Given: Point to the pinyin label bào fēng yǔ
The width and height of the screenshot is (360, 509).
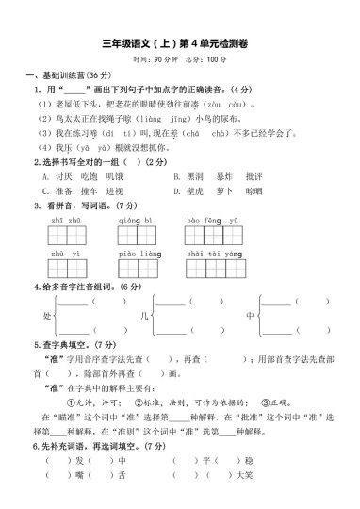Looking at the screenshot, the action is (205, 218).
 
